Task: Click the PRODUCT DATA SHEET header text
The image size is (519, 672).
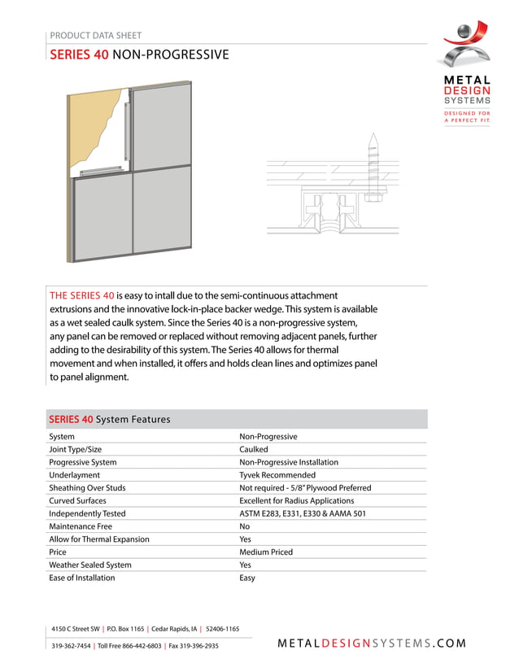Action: (x=95, y=36)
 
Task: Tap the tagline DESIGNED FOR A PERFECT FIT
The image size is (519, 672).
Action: (x=467, y=117)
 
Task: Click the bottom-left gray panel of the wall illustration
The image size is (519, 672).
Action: (x=102, y=216)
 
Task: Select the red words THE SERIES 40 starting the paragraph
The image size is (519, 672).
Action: (x=81, y=295)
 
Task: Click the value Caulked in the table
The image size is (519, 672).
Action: (x=253, y=449)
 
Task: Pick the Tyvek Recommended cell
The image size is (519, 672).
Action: (x=277, y=475)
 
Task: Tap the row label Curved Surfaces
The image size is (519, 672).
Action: (x=77, y=501)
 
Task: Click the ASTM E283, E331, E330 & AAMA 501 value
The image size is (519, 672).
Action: (x=302, y=513)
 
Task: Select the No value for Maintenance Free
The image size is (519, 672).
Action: (x=245, y=526)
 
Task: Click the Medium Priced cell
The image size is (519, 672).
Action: (x=266, y=552)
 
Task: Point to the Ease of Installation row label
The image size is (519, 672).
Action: (x=82, y=578)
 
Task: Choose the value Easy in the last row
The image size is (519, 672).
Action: (x=247, y=578)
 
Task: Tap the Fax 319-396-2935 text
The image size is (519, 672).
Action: (x=194, y=646)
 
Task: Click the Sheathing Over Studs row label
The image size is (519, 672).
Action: (x=87, y=488)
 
